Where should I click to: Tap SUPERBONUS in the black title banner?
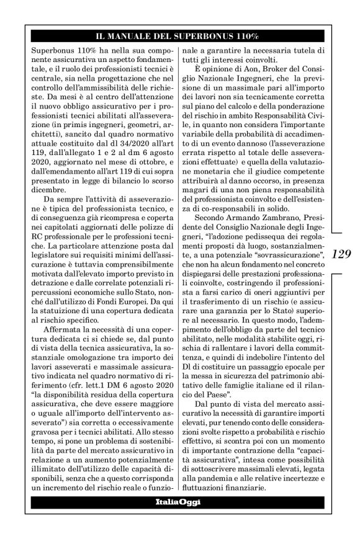point(213,36)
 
